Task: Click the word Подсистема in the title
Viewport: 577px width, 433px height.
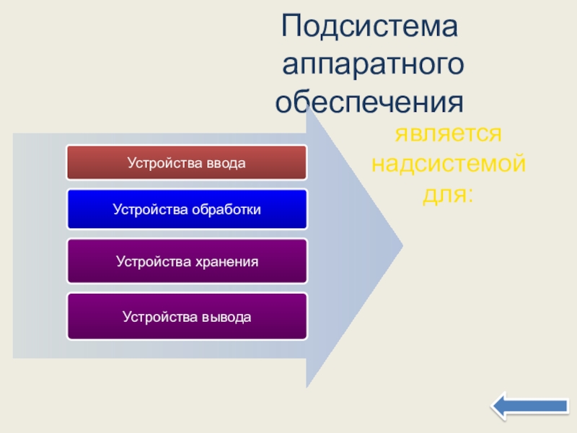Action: click(369, 27)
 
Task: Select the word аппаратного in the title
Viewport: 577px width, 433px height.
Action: click(373, 64)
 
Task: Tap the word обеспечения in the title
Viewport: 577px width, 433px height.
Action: click(369, 102)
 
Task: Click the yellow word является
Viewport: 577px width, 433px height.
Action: click(448, 134)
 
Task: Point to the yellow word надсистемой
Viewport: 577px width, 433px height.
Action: click(449, 164)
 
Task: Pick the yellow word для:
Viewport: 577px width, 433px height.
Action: click(448, 194)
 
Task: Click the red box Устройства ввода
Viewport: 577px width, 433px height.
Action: click(187, 162)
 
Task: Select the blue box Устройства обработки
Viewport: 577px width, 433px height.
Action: click(187, 209)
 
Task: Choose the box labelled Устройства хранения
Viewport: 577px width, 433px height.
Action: click(187, 261)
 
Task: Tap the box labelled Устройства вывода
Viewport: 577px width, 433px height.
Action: click(187, 316)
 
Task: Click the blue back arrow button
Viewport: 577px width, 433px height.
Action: click(530, 406)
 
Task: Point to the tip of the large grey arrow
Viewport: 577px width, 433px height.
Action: click(403, 245)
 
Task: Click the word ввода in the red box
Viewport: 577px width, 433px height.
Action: click(226, 163)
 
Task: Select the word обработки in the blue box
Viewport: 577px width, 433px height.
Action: click(226, 209)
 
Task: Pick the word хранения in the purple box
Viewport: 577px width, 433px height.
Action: click(226, 262)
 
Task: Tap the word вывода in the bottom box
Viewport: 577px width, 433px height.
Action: click(226, 317)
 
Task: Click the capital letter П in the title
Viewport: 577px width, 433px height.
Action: click(291, 26)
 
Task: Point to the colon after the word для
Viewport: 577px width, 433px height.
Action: click(470, 195)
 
